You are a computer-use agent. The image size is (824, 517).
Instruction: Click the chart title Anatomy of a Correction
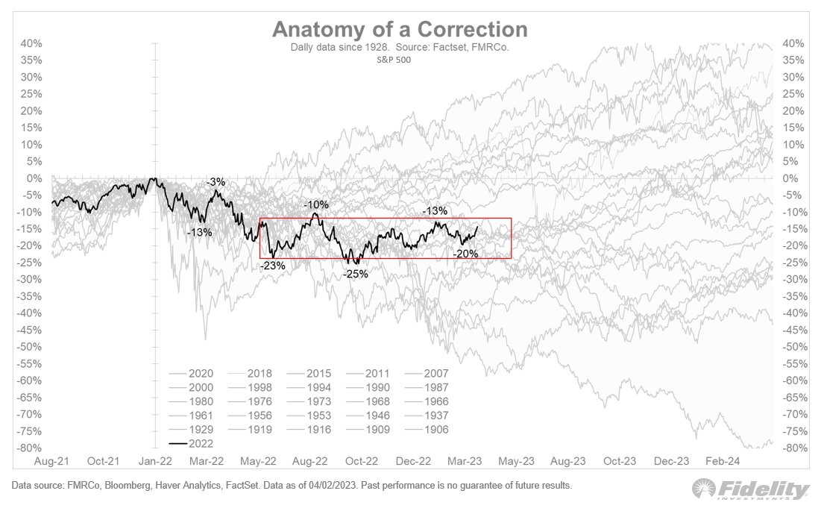[400, 29]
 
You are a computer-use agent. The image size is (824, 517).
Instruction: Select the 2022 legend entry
[192, 443]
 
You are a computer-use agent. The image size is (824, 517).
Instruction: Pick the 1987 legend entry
[427, 388]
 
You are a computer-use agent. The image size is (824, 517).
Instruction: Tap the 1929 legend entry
[192, 430]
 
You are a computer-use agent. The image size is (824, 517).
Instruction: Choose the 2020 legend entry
[192, 374]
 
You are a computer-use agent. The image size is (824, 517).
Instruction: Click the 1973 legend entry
[309, 401]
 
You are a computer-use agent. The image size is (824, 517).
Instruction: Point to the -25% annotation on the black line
[356, 274]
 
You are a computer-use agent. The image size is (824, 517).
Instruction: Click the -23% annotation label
[273, 266]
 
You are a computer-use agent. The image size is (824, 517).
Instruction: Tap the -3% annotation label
[216, 182]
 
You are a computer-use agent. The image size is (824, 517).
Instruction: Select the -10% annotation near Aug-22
[316, 204]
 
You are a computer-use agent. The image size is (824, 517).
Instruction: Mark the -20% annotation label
[465, 254]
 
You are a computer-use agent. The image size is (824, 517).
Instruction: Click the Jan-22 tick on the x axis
[155, 461]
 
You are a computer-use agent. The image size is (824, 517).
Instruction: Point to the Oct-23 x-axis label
[620, 461]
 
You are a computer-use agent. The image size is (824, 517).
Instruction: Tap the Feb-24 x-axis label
[723, 461]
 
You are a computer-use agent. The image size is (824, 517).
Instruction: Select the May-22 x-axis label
[258, 461]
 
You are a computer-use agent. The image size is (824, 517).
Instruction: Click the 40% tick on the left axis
[31, 44]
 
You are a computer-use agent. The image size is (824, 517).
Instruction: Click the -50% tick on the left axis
[29, 347]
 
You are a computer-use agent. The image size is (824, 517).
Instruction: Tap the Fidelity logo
[750, 489]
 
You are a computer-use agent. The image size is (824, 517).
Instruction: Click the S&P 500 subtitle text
[394, 60]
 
